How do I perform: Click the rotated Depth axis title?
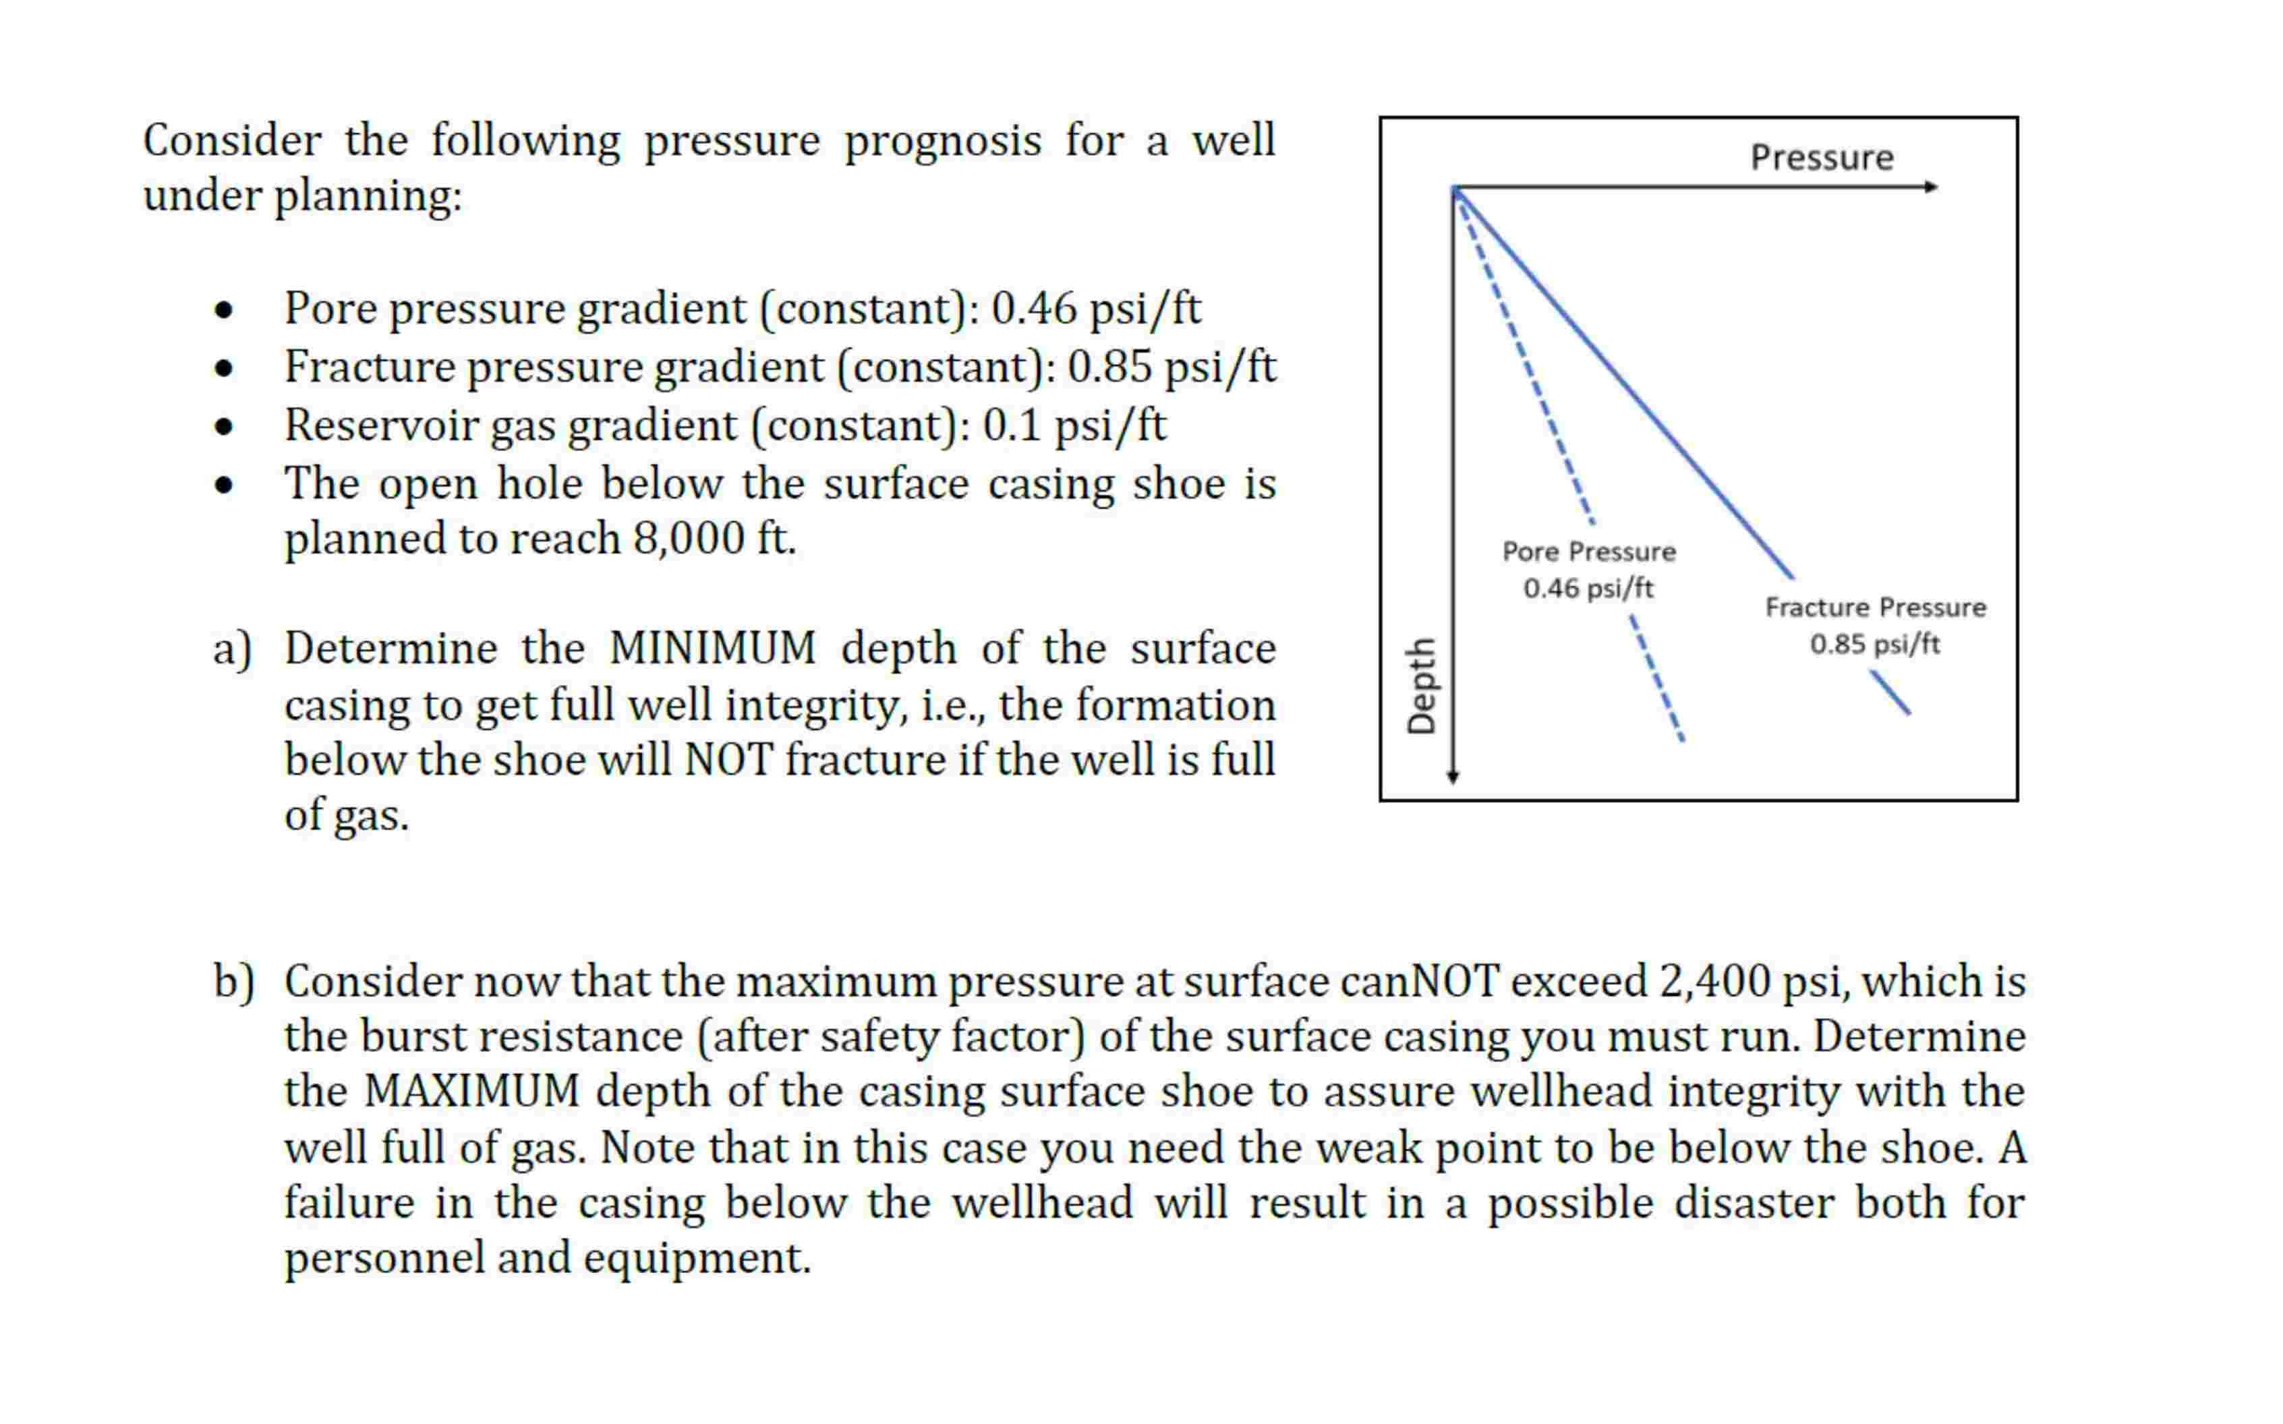[x=1420, y=686]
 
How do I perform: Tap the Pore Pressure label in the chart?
[x=1589, y=551]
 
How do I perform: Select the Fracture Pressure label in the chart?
[x=1875, y=607]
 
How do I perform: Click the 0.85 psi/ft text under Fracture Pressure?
[x=1874, y=644]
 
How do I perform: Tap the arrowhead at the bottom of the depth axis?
[x=1453, y=776]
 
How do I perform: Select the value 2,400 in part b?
[x=1714, y=981]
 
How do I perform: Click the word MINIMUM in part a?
[x=713, y=649]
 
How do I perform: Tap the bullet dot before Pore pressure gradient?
[x=223, y=310]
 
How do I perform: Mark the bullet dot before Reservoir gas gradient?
[x=223, y=427]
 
